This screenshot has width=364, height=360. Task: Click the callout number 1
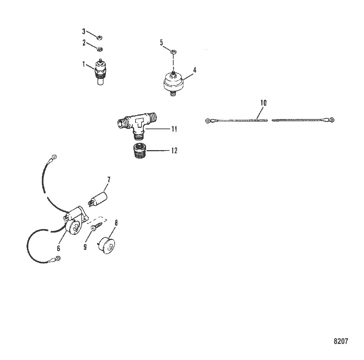[84, 64]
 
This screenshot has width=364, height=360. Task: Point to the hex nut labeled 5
[173, 52]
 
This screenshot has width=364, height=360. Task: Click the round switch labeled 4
[173, 83]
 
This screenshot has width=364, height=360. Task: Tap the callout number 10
[263, 103]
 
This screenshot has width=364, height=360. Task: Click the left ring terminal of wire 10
[208, 121]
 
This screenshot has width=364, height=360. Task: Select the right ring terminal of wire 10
[332, 120]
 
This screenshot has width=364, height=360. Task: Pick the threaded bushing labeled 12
[140, 151]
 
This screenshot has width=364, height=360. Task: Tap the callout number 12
[174, 150]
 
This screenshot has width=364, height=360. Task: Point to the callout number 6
[58, 248]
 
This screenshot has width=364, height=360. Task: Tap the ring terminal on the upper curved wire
[54, 157]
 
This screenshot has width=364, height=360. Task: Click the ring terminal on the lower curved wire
[58, 258]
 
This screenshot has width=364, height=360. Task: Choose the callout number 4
[195, 70]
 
